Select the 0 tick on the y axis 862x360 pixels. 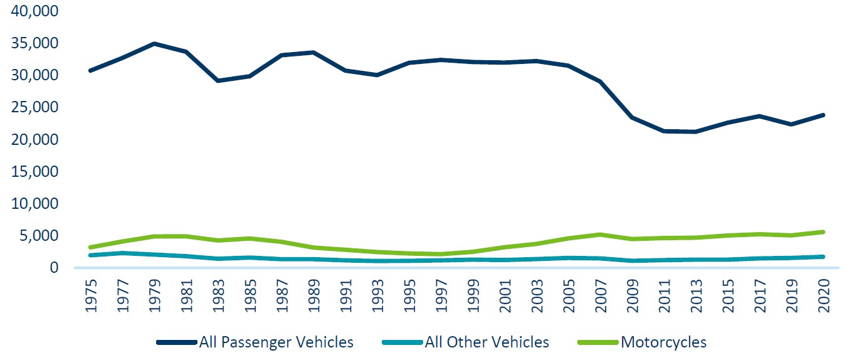pyautogui.click(x=53, y=268)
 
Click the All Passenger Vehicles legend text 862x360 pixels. pyautogui.click(x=276, y=342)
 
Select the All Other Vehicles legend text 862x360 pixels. pyautogui.click(x=486, y=342)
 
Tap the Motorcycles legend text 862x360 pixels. pyautogui.click(x=663, y=342)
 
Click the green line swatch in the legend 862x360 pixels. pyautogui.click(x=597, y=343)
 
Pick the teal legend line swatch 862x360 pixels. pyautogui.click(x=402, y=343)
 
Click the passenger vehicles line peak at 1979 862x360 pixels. pyautogui.click(x=155, y=44)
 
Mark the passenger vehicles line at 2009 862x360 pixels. pyautogui.click(x=634, y=117)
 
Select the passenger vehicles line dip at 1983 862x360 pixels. pyautogui.click(x=219, y=81)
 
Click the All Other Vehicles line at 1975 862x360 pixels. pyautogui.click(x=92, y=255)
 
